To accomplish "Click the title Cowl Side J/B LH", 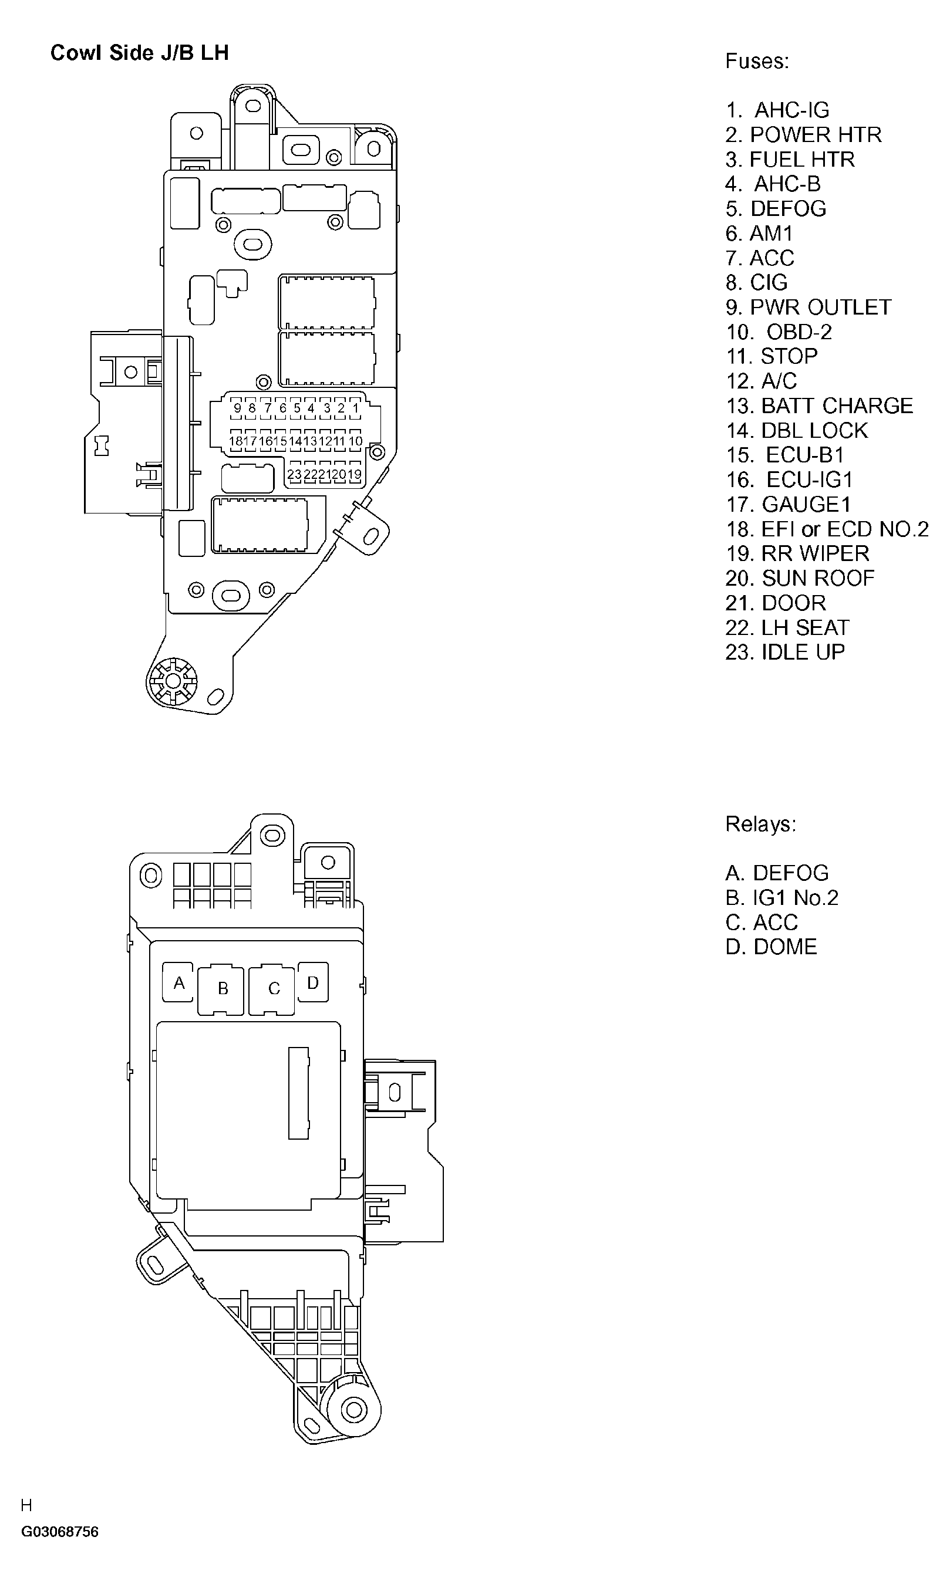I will click(140, 52).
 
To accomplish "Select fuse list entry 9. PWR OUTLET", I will click(808, 307).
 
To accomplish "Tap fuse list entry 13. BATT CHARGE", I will click(818, 406).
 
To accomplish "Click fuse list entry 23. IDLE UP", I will click(785, 652).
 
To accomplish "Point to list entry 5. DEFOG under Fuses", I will click(776, 208).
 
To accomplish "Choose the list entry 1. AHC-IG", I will click(777, 110).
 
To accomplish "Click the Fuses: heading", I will click(757, 62).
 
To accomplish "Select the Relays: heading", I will click(760, 824).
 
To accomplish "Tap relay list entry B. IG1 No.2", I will click(781, 898).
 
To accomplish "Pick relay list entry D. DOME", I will click(772, 947).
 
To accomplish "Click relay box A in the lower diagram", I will click(178, 983).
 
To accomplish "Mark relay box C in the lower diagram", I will click(274, 989).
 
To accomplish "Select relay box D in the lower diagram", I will click(313, 983).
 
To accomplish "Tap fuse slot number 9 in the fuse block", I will click(237, 408).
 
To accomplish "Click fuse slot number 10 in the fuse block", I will click(355, 441).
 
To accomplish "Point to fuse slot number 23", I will click(294, 475).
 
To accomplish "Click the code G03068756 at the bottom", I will click(59, 1532).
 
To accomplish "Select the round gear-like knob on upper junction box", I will click(172, 681).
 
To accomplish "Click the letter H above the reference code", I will click(26, 1505).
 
